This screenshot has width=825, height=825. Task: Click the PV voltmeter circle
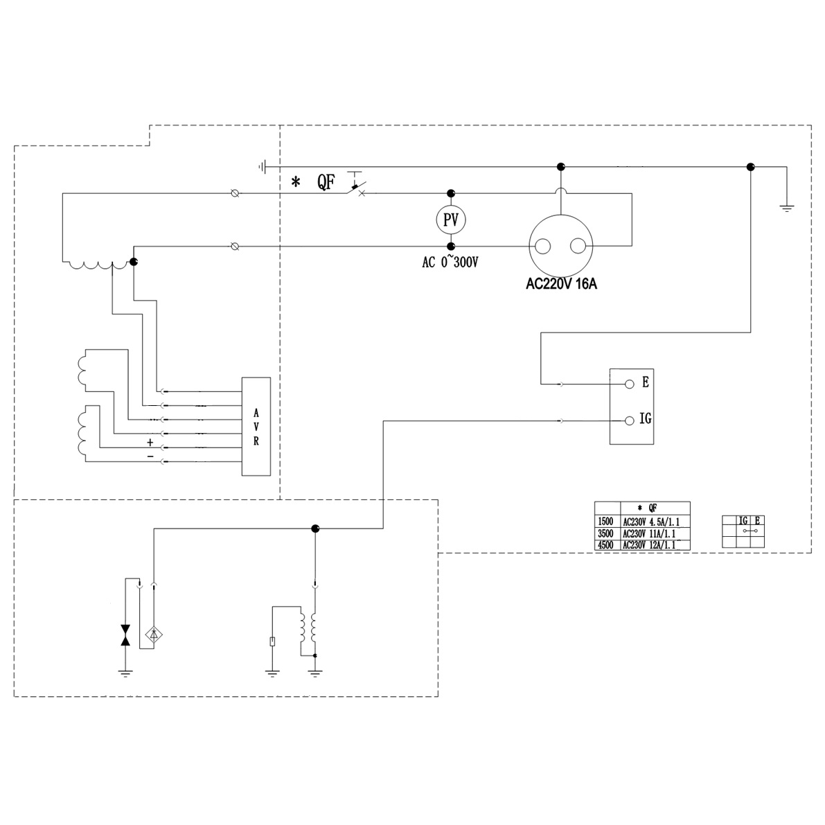451,220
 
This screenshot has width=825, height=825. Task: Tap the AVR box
256,427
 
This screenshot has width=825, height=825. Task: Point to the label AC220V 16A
561,284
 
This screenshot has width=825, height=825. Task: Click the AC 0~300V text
451,263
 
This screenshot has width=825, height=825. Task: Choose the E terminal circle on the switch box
629,384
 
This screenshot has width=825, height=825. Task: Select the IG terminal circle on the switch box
629,420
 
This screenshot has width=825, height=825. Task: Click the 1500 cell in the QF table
605,522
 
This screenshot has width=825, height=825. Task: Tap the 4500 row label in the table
605,544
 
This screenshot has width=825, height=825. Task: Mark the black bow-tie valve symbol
125,635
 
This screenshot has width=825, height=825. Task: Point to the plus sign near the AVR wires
150,442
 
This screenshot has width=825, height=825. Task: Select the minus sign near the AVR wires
150,457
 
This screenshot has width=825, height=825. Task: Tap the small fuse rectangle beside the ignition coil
274,641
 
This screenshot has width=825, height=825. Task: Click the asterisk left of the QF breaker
296,182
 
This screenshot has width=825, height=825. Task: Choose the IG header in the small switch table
743,520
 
